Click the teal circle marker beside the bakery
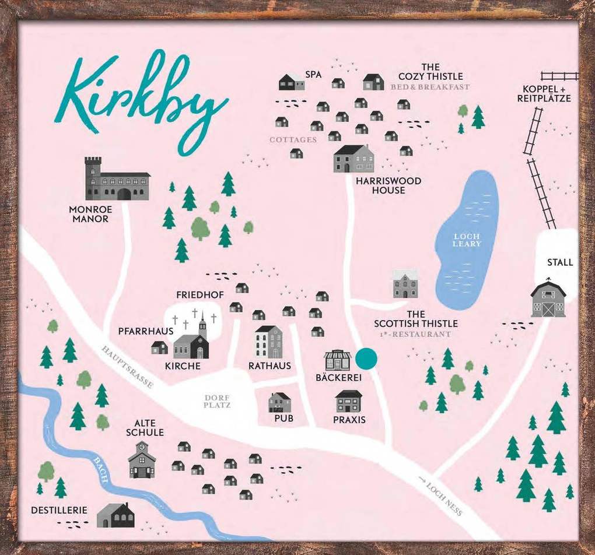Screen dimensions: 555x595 click(367, 358)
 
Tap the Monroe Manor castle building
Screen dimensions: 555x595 click(116, 181)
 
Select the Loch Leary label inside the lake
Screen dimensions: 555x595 click(467, 240)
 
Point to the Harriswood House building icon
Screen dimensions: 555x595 click(353, 159)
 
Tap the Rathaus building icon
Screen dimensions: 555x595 click(268, 342)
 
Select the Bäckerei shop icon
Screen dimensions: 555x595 click(338, 360)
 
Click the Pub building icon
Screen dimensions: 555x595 click(279, 402)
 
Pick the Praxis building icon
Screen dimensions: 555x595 click(349, 401)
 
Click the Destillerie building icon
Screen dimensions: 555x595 click(116, 515)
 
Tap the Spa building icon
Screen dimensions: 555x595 click(291, 82)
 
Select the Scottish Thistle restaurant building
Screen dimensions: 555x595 click(405, 284)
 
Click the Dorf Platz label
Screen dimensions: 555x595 click(218, 401)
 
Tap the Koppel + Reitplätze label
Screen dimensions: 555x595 click(544, 94)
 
